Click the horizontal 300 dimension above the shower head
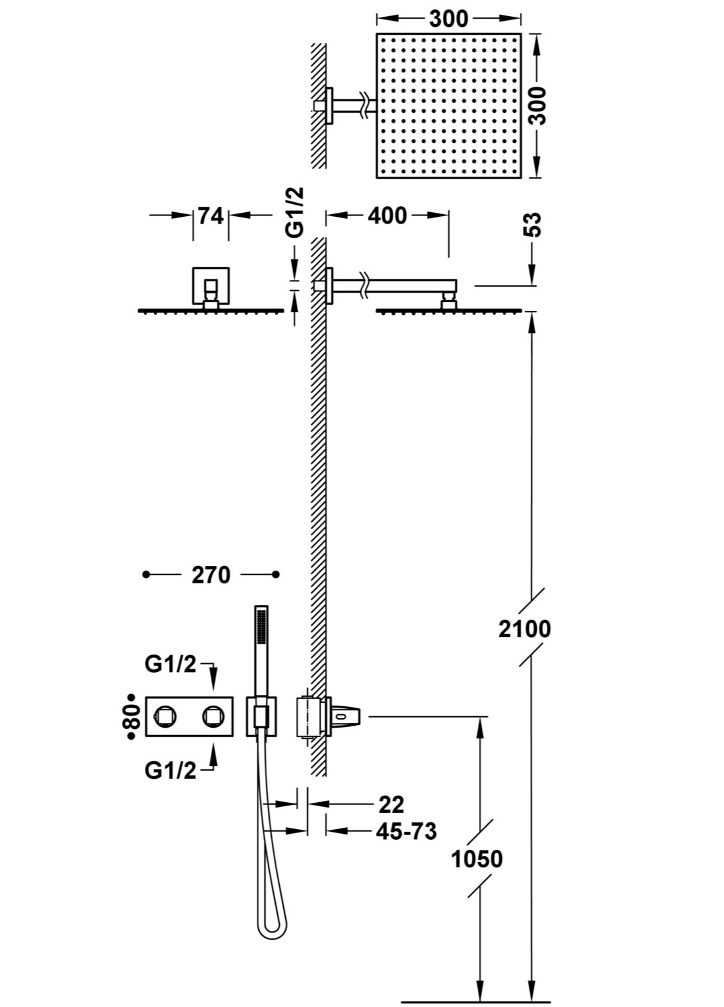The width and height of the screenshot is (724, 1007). click(x=448, y=18)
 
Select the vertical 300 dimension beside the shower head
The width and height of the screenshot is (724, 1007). click(x=537, y=105)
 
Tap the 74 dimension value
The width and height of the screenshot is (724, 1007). click(x=211, y=215)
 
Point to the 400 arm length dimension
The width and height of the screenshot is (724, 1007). click(x=387, y=215)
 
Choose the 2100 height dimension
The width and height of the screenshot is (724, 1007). click(x=524, y=629)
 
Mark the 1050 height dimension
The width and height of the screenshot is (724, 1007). click(x=476, y=859)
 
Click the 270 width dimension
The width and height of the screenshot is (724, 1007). click(x=211, y=575)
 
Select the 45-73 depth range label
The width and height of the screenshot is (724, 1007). click(x=406, y=831)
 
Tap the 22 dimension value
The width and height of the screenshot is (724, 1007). click(x=391, y=804)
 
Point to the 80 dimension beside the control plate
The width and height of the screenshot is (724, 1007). click(x=132, y=718)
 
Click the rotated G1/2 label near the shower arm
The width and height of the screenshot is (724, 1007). click(x=295, y=211)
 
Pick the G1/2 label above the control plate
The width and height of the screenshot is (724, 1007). click(x=170, y=664)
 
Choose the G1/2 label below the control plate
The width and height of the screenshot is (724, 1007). click(x=170, y=771)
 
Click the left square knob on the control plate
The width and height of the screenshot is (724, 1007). click(x=164, y=718)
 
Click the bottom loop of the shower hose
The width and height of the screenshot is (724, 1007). click(x=271, y=928)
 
